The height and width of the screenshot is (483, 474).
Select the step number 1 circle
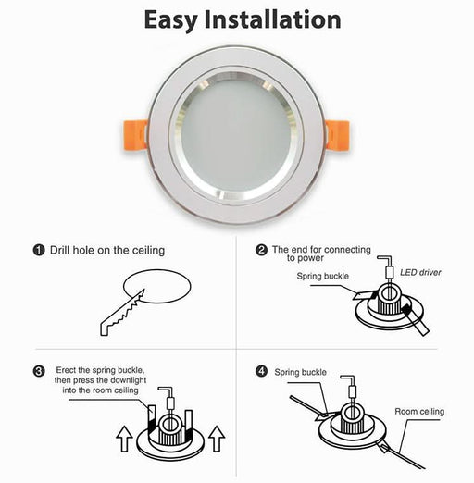(x=39, y=250)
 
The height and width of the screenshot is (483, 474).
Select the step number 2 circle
(x=262, y=250)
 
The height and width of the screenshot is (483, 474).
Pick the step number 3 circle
(x=39, y=372)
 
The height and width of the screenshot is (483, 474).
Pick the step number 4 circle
(x=262, y=371)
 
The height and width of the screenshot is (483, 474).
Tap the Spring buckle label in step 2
(x=324, y=276)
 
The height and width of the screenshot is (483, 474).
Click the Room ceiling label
(x=419, y=411)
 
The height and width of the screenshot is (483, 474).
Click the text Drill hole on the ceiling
(x=106, y=250)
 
